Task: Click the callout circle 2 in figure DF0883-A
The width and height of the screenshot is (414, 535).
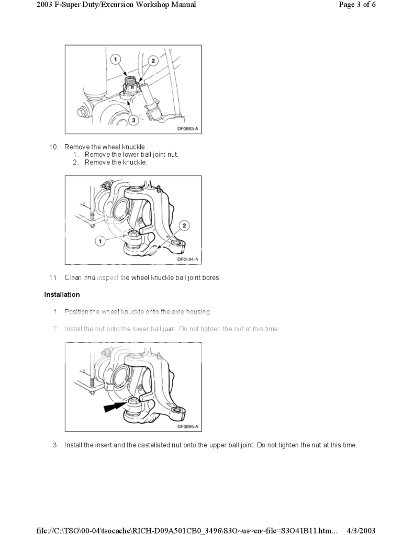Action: pyautogui.click(x=153, y=61)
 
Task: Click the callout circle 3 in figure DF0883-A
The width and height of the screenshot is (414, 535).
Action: pyautogui.click(x=133, y=120)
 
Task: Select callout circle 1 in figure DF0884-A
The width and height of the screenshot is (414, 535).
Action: pyautogui.click(x=99, y=240)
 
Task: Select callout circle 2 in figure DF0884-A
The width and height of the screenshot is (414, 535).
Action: pyautogui.click(x=184, y=226)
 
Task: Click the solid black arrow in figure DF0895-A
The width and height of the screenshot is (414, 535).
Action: pyautogui.click(x=115, y=407)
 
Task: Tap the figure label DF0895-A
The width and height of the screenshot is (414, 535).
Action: pyautogui.click(x=187, y=426)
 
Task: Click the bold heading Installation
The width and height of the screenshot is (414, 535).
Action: pyautogui.click(x=62, y=295)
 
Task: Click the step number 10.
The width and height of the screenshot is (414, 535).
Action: pyautogui.click(x=53, y=147)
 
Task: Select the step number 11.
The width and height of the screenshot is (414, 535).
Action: pyautogui.click(x=53, y=277)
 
